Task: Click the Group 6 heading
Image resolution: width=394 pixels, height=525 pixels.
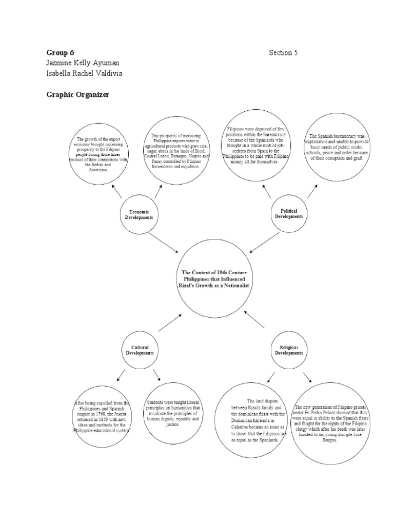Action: [60, 52]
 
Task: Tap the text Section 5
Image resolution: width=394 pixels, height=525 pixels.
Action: [283, 52]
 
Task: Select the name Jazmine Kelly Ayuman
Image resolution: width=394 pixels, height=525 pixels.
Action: [83, 63]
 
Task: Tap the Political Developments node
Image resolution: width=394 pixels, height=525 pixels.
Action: [289, 213]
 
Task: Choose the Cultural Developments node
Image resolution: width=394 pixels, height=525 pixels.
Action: [139, 351]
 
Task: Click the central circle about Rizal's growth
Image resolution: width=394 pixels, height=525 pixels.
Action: [215, 278]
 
